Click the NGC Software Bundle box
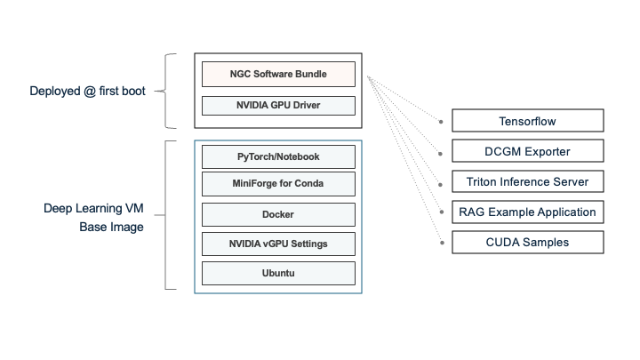coord(278,74)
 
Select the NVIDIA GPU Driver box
coord(278,106)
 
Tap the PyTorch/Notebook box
coord(278,157)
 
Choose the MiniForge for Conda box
coord(278,185)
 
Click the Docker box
coord(278,214)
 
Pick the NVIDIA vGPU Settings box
coord(278,244)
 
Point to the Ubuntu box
coord(278,273)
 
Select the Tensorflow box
coord(527,120)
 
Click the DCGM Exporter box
coord(527,151)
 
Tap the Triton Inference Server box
coord(527,181)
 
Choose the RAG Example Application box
coord(527,212)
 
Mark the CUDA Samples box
coord(527,242)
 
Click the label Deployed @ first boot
coord(86,91)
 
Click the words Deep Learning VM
coord(93,209)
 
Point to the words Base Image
coord(111,228)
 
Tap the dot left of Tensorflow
coord(442,121)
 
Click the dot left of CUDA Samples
coord(442,242)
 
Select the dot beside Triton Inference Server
coord(442,181)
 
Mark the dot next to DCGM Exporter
coord(442,151)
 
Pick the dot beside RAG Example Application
coord(442,212)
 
